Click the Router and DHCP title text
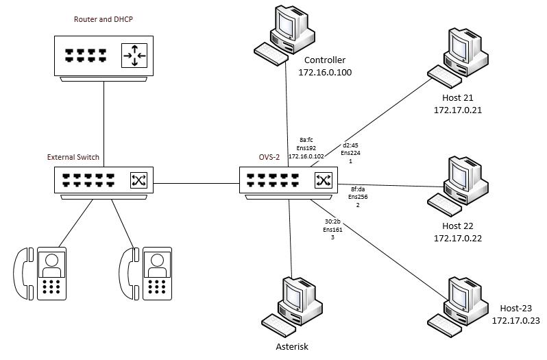coord(104,19)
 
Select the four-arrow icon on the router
coord(134,56)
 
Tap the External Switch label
coord(73,157)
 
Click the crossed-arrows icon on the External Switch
coord(139,181)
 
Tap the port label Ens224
coord(351,154)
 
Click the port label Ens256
coord(358,197)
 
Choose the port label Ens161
coord(333,229)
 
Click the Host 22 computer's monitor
coord(460,174)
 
